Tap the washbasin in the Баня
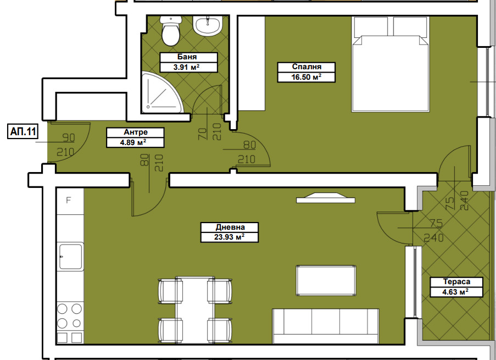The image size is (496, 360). click(x=208, y=26)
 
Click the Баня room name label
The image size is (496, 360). click(x=187, y=57)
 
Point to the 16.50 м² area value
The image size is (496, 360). click(x=306, y=77)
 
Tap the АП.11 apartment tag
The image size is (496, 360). click(x=23, y=131)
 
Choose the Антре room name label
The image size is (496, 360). click(x=135, y=132)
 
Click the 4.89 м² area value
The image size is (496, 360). click(x=133, y=142)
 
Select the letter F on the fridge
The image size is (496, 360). click(x=68, y=200)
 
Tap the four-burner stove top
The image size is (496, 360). click(x=70, y=315)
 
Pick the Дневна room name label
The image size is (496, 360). click(x=230, y=227)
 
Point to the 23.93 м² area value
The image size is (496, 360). click(x=229, y=237)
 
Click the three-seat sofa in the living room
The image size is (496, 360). click(x=326, y=326)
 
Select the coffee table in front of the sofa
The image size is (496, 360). click(x=326, y=280)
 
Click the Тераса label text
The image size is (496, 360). click(x=456, y=281)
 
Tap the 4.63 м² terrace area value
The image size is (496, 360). click(x=455, y=292)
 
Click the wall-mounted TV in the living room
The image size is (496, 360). click(x=326, y=198)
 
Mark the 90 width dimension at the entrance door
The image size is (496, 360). click(x=69, y=138)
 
